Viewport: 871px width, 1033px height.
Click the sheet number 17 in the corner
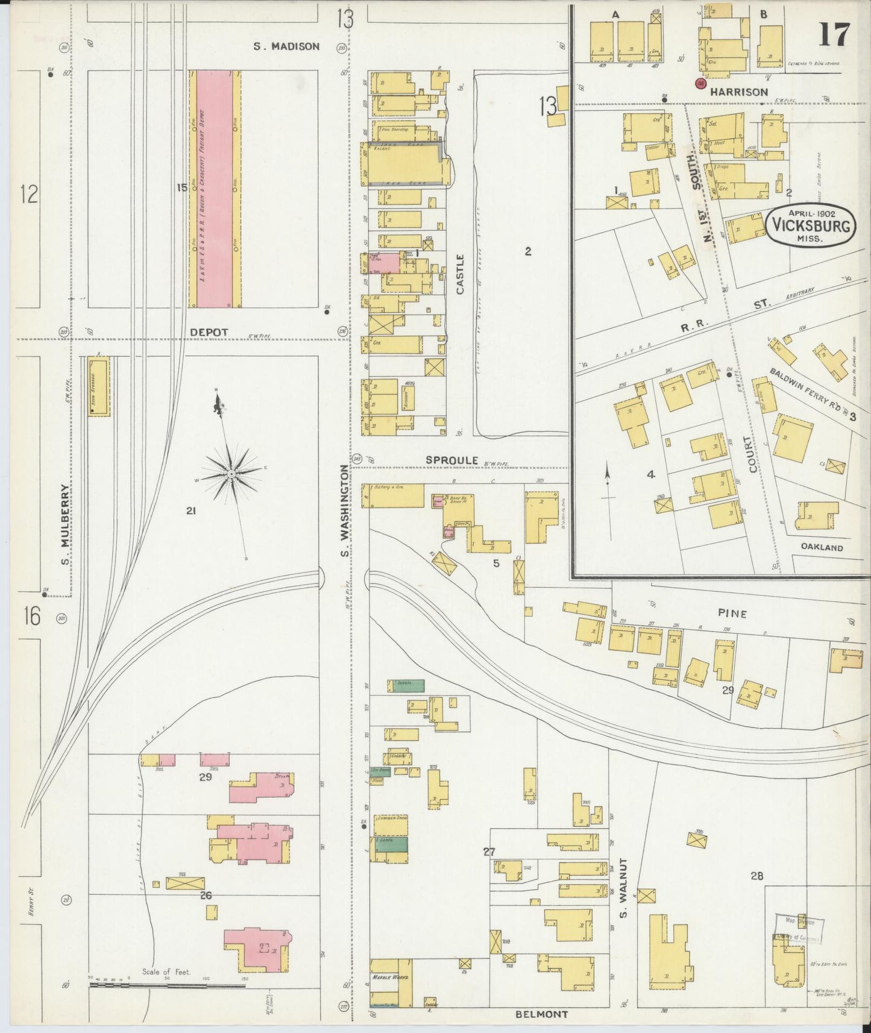[x=834, y=35]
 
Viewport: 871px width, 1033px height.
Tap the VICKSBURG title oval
[x=811, y=226]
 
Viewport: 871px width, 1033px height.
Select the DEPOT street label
[x=209, y=332]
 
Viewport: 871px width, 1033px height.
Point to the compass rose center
[x=231, y=474]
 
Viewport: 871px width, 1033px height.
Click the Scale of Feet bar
[x=169, y=985]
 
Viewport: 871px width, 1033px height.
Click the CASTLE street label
[x=461, y=274]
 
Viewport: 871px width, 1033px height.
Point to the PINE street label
[x=732, y=614]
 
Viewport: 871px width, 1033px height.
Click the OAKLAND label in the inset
[x=822, y=547]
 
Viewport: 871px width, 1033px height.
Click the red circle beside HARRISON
[x=700, y=84]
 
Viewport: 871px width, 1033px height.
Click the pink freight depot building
[x=215, y=188]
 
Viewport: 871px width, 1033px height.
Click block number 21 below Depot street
[x=191, y=511]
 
